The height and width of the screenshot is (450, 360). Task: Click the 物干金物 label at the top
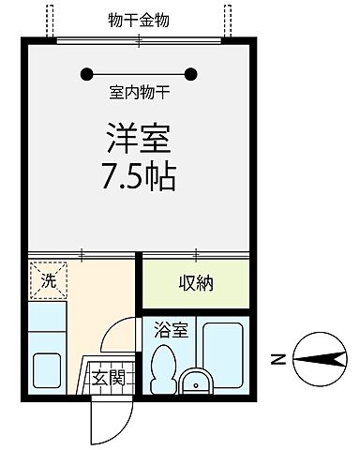(139, 20)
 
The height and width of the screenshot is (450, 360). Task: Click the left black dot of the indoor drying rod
(87, 73)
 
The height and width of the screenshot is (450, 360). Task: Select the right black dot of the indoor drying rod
(192, 73)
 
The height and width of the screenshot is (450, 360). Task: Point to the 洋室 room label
(138, 140)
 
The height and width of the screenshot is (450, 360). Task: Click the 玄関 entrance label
(107, 378)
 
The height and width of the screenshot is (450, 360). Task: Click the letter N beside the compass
(277, 357)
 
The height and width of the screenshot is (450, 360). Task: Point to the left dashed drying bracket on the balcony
(49, 19)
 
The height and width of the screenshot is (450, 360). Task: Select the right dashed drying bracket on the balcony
(227, 19)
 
